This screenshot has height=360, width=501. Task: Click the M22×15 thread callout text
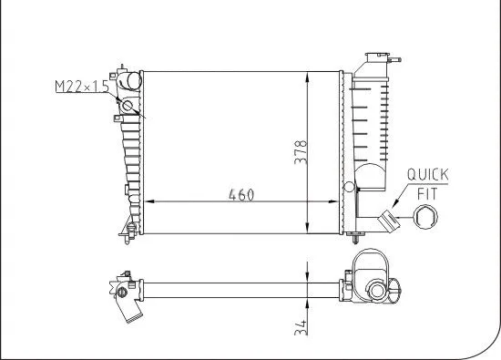point(81,87)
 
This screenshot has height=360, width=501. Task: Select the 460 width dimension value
point(240,194)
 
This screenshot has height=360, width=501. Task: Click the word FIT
point(426,193)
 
